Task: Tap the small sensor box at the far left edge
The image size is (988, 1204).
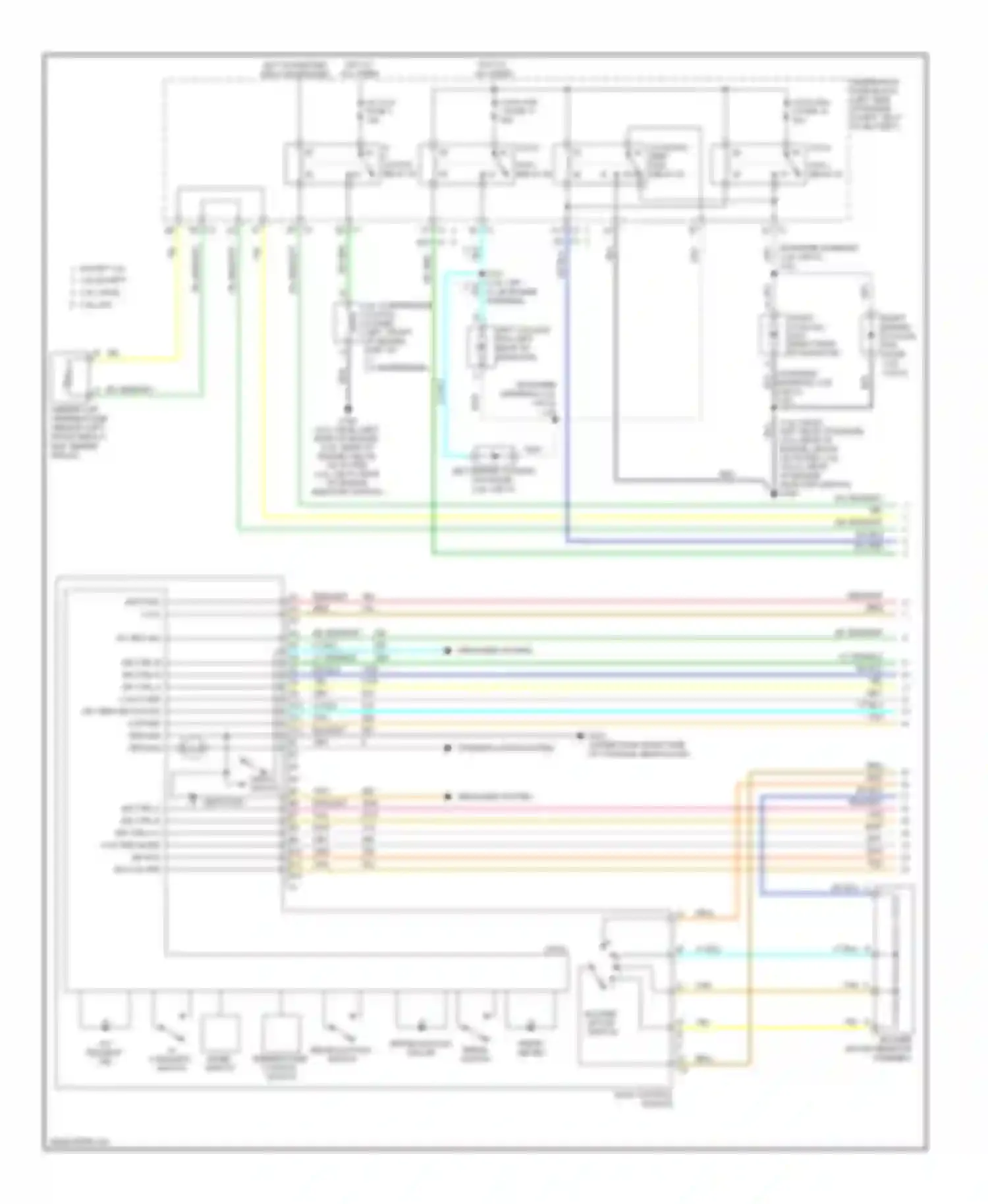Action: (x=72, y=375)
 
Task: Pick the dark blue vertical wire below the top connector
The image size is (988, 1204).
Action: (x=566, y=395)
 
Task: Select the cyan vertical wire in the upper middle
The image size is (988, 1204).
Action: (x=446, y=369)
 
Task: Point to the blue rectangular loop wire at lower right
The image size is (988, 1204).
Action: (x=761, y=850)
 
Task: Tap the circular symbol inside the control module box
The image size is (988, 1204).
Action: (x=192, y=749)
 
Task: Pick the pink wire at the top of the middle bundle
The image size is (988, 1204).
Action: (x=593, y=601)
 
